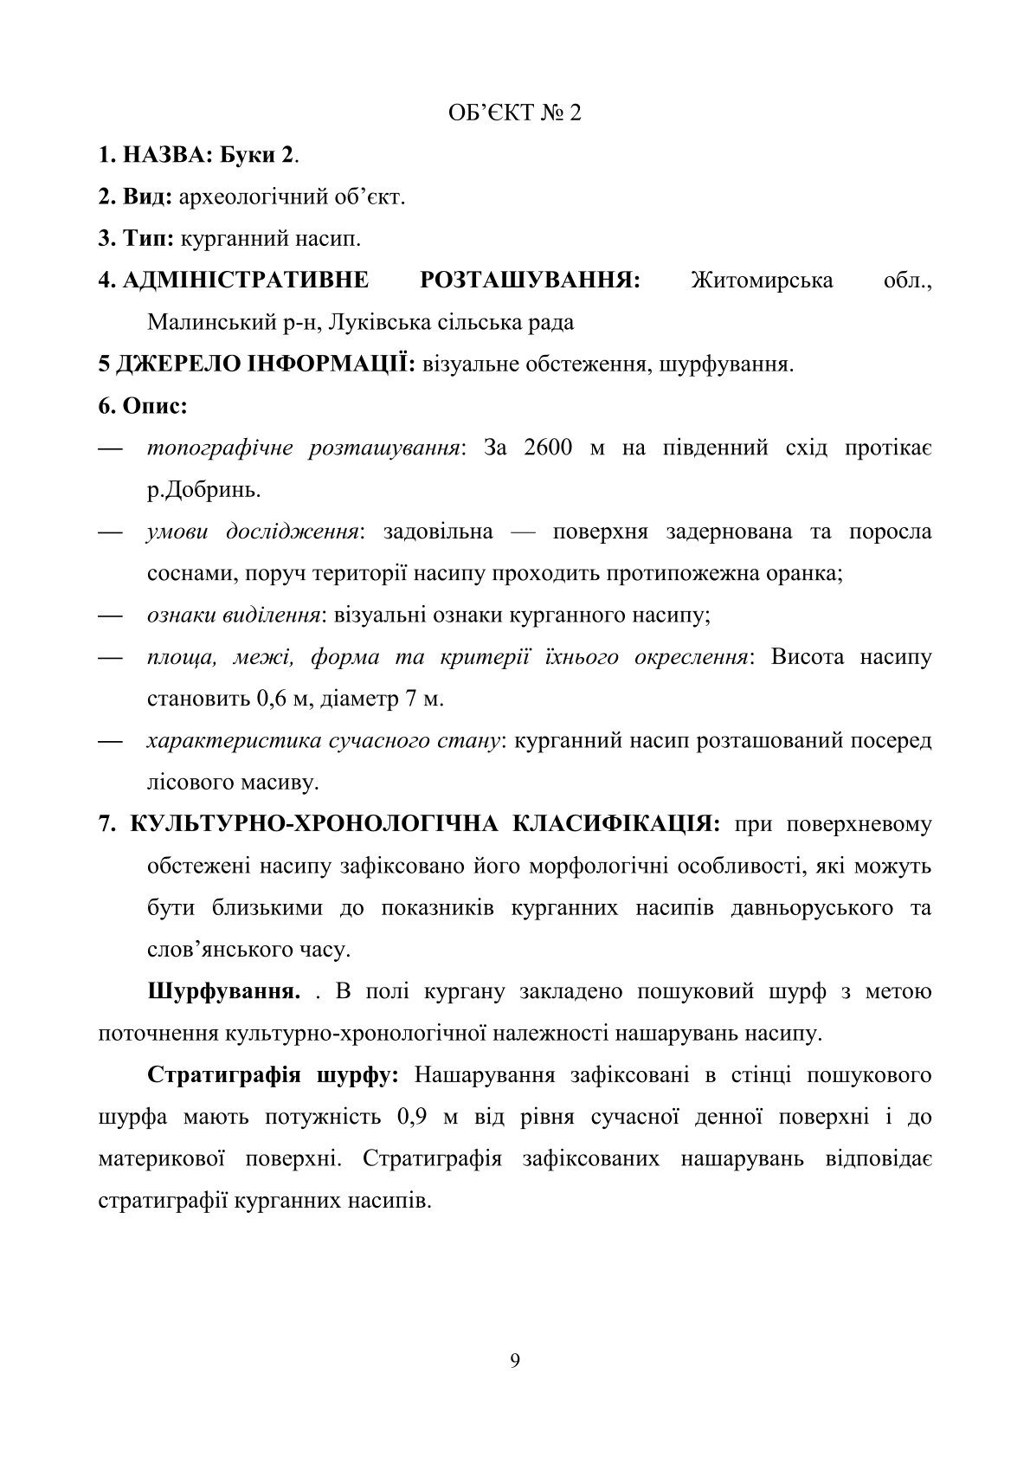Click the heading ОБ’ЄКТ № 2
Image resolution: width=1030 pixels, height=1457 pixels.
pos(514,114)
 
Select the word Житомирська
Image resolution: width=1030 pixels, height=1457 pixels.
pos(763,280)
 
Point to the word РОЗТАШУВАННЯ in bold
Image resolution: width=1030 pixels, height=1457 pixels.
pos(530,280)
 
